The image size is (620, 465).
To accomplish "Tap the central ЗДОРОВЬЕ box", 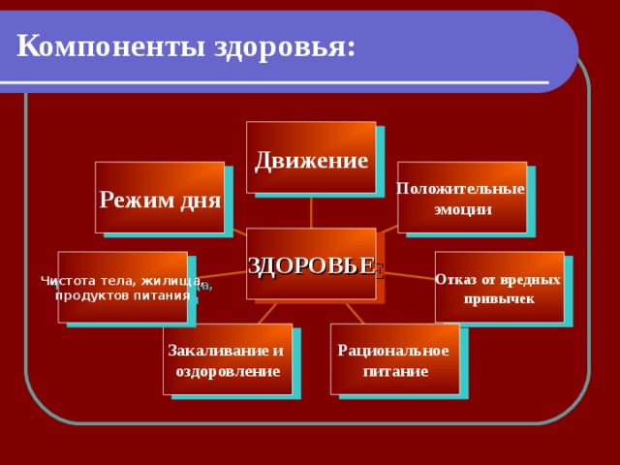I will pos(310,263).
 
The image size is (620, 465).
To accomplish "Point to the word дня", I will pos(201,201).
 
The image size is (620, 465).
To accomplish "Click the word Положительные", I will pos(462,189).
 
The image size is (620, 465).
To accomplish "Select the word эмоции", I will pos(462,208).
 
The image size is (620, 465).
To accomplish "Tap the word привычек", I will pos(499,298).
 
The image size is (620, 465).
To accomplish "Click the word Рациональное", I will pos(393,350).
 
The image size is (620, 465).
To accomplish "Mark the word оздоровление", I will pos(228,371).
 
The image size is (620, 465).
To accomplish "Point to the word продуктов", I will pos(92,294).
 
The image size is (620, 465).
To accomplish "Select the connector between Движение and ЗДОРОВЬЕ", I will pos(311,211).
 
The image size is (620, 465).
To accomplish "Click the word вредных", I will pos(530,279).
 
